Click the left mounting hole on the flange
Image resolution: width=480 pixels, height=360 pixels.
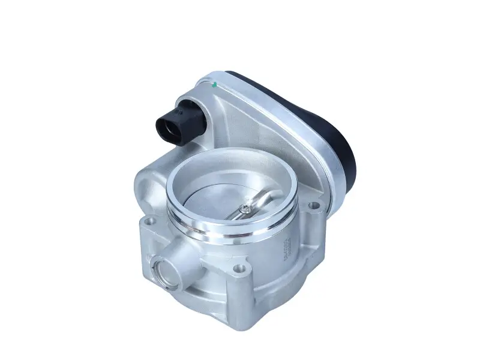(x=149, y=229)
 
